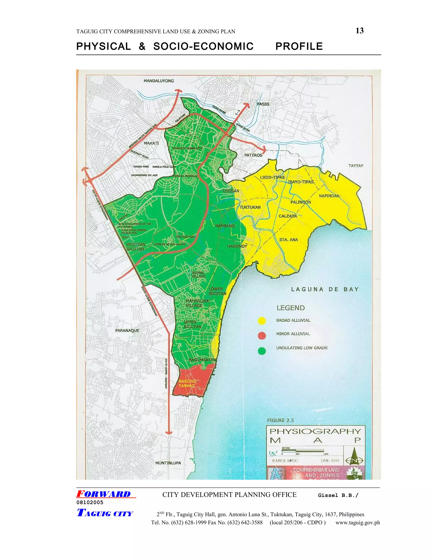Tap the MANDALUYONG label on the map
(x=159, y=81)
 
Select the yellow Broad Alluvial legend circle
(x=262, y=321)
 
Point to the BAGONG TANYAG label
(x=187, y=383)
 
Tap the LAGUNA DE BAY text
(x=325, y=289)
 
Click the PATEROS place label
(x=253, y=155)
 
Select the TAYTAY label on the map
(x=356, y=166)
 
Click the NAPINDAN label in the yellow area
(x=329, y=196)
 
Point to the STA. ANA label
(x=288, y=240)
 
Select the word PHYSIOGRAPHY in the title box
(x=315, y=431)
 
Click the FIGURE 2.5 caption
(x=280, y=420)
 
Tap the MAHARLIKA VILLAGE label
(x=197, y=303)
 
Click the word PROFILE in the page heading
(x=299, y=46)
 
